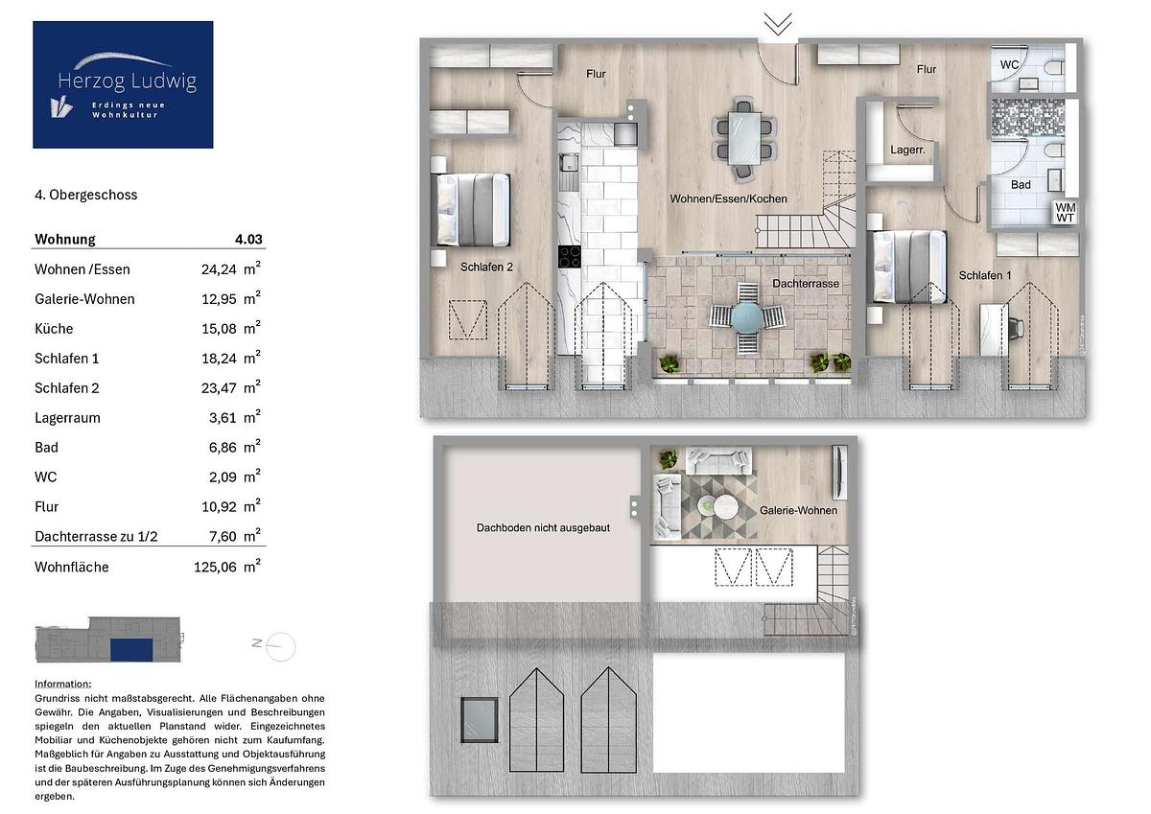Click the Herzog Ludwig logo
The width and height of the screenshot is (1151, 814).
pos(123,84)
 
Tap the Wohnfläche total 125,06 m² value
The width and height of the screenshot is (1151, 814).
pos(227,567)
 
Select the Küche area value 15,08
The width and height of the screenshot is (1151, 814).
pos(219,329)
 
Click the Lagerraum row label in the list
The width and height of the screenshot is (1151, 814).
pos(67,418)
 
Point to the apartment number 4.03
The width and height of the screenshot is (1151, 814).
pos(248,240)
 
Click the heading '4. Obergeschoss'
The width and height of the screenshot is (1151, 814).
pos(85,195)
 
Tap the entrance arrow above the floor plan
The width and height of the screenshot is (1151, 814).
pos(778,24)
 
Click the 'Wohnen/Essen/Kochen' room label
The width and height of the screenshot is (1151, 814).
pos(728,198)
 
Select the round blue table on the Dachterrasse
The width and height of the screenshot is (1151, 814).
pos(747,317)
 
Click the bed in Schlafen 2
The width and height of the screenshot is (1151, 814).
pos(473,210)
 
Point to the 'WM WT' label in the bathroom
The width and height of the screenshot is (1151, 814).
pos(1065,213)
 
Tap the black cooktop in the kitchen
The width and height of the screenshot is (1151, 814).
pos(570,257)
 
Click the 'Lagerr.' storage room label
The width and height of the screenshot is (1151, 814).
pos(907,150)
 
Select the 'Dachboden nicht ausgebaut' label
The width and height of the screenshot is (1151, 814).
pos(543,528)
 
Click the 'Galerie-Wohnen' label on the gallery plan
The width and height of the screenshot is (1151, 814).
pos(798,510)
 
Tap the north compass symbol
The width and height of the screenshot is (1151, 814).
pos(280,646)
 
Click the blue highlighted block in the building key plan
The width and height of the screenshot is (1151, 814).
pos(131,650)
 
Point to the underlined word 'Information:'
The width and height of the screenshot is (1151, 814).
pos(62,684)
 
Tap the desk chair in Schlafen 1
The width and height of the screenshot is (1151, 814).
pos(1016,328)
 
